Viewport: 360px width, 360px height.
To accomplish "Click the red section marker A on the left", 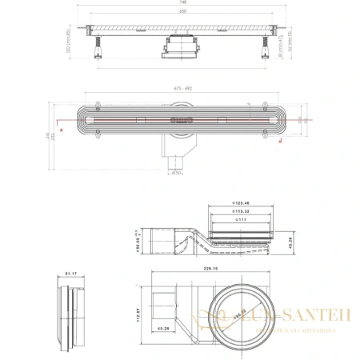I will [59, 128].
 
